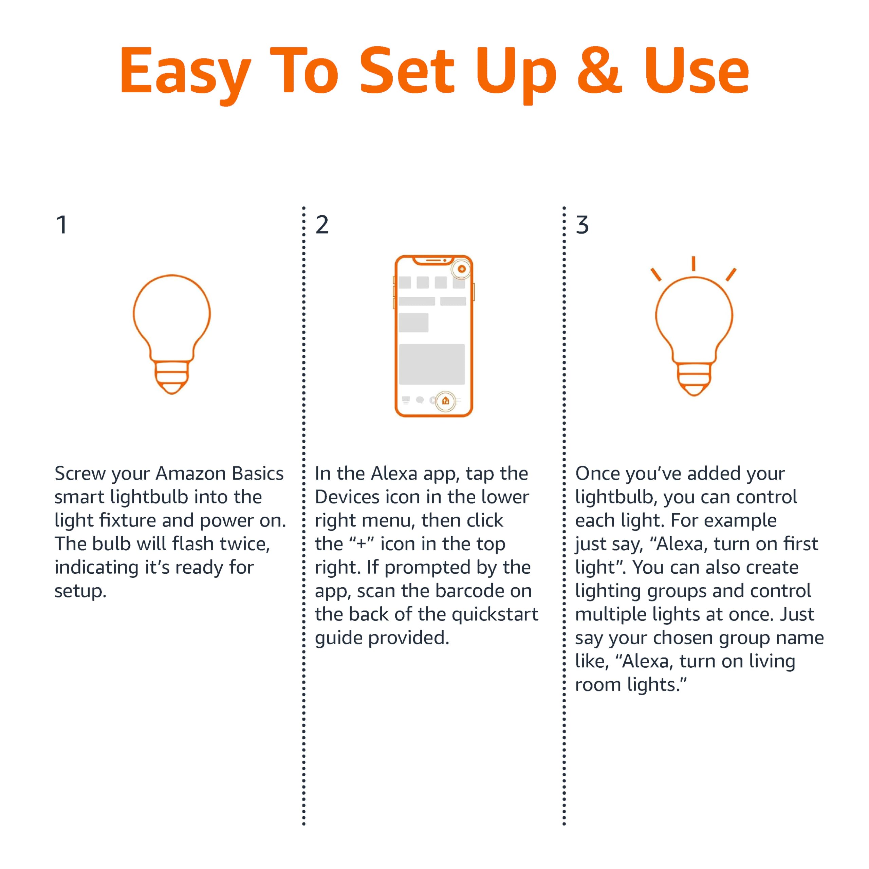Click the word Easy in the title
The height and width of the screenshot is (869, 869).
click(184, 72)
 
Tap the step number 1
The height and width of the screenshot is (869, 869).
click(62, 225)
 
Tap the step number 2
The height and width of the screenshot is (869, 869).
click(322, 225)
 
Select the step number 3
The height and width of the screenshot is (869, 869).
click(582, 225)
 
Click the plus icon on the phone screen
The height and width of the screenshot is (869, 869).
click(462, 269)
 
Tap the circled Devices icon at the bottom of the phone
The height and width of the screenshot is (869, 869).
click(445, 400)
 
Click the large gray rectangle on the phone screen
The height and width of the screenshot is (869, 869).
click(432, 364)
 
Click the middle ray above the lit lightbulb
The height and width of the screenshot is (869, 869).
click(694, 263)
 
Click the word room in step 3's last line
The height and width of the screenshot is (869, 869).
click(597, 685)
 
